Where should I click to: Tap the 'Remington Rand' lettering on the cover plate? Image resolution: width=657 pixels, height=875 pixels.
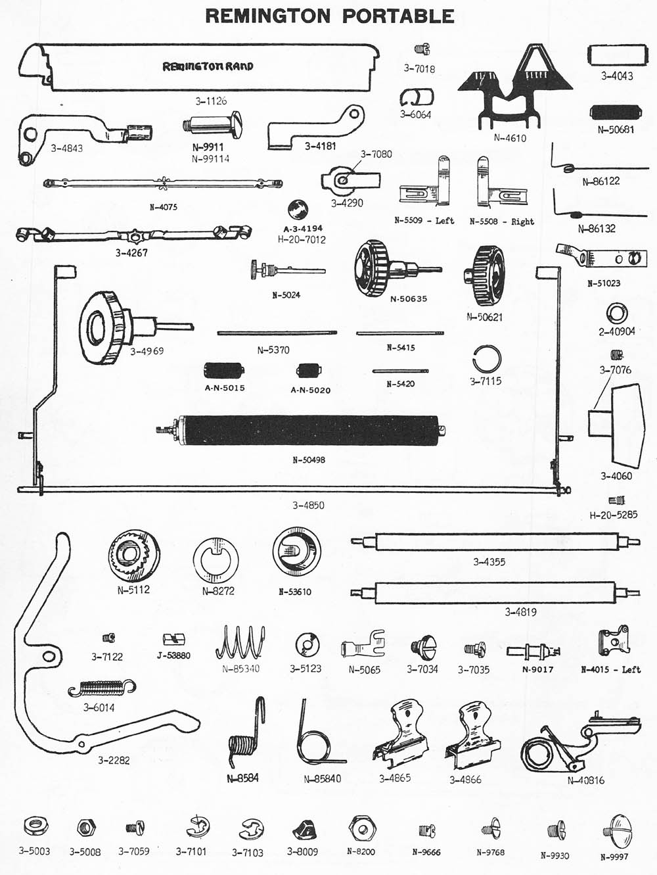coord(208,66)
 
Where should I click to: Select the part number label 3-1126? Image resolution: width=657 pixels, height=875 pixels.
coord(211,101)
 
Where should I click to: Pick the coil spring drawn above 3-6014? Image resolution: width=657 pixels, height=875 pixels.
coord(102,688)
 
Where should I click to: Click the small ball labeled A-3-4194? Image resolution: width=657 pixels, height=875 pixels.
coord(299,209)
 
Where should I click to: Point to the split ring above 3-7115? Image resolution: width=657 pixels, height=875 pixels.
coord(487,360)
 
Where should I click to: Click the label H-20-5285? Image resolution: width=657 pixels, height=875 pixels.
coord(613,515)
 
